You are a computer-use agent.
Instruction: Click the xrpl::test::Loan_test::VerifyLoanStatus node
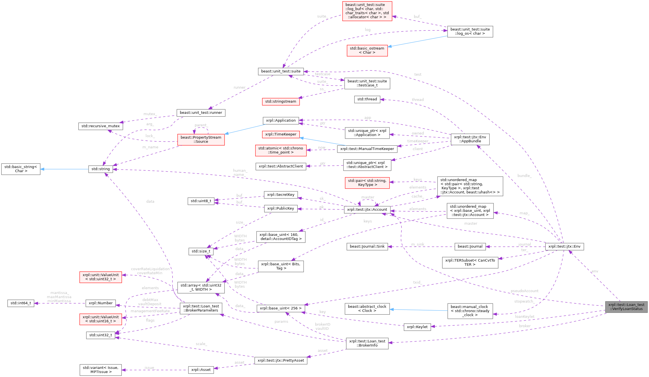626,307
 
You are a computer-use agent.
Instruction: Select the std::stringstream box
281,101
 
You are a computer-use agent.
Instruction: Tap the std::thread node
367,99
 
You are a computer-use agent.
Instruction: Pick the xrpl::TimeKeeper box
281,134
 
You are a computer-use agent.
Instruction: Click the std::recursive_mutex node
101,126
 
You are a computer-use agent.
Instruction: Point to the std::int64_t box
21,303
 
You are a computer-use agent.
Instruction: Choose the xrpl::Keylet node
417,327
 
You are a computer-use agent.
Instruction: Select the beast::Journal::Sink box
367,246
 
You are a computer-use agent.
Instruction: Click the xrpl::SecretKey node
281,195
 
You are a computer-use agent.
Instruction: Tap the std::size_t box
201,251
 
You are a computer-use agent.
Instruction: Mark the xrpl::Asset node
201,370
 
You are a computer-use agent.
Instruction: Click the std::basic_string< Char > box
21,169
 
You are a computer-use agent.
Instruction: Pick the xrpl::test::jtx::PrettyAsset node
281,361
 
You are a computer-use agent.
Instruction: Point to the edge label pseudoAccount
524,291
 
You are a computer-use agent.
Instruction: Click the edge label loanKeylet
524,317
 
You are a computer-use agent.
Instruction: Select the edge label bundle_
524,176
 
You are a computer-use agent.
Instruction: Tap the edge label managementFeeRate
150,311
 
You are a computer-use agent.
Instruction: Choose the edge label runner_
240,87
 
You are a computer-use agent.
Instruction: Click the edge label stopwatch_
524,301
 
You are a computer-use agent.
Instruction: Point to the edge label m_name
150,147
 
